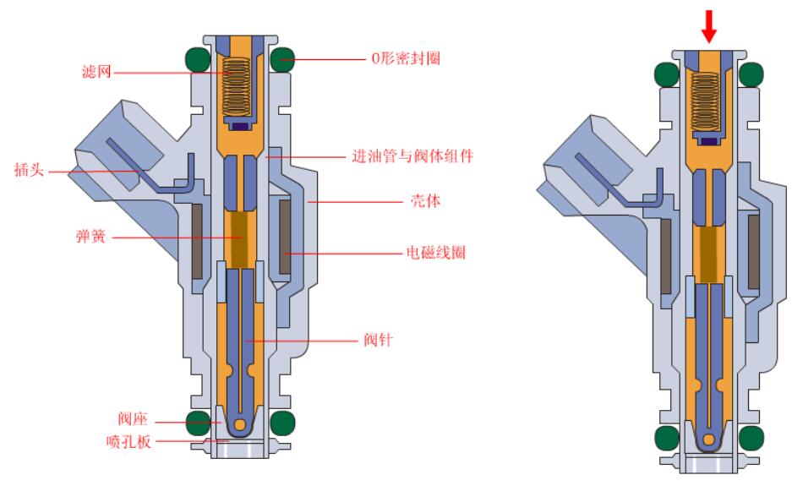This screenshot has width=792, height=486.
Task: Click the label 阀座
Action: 133,418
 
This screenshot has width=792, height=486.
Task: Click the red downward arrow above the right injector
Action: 708,26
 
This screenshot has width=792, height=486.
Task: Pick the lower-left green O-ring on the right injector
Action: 665,436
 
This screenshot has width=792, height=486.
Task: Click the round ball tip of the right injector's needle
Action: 707,440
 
